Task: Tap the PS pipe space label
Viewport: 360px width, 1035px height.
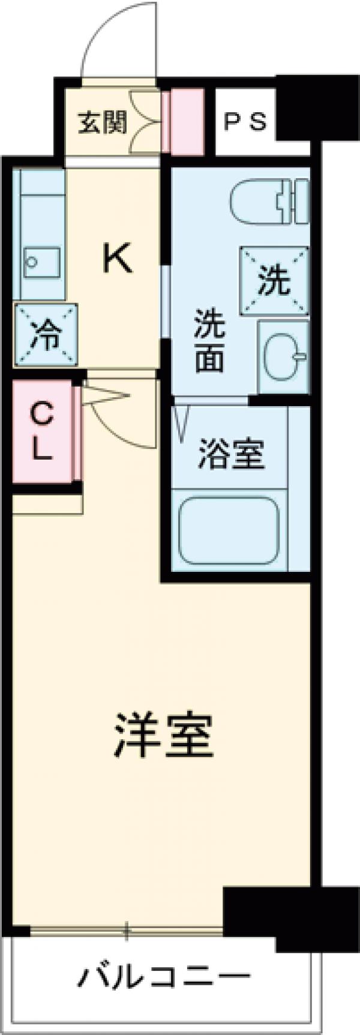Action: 245,122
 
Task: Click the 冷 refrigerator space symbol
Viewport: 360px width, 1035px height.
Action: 46,335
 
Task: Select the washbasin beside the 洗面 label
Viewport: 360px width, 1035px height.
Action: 283,356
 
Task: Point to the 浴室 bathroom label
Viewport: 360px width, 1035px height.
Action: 231,454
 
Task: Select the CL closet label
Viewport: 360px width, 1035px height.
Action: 41,431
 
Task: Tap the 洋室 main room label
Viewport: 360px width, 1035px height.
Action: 163,736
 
